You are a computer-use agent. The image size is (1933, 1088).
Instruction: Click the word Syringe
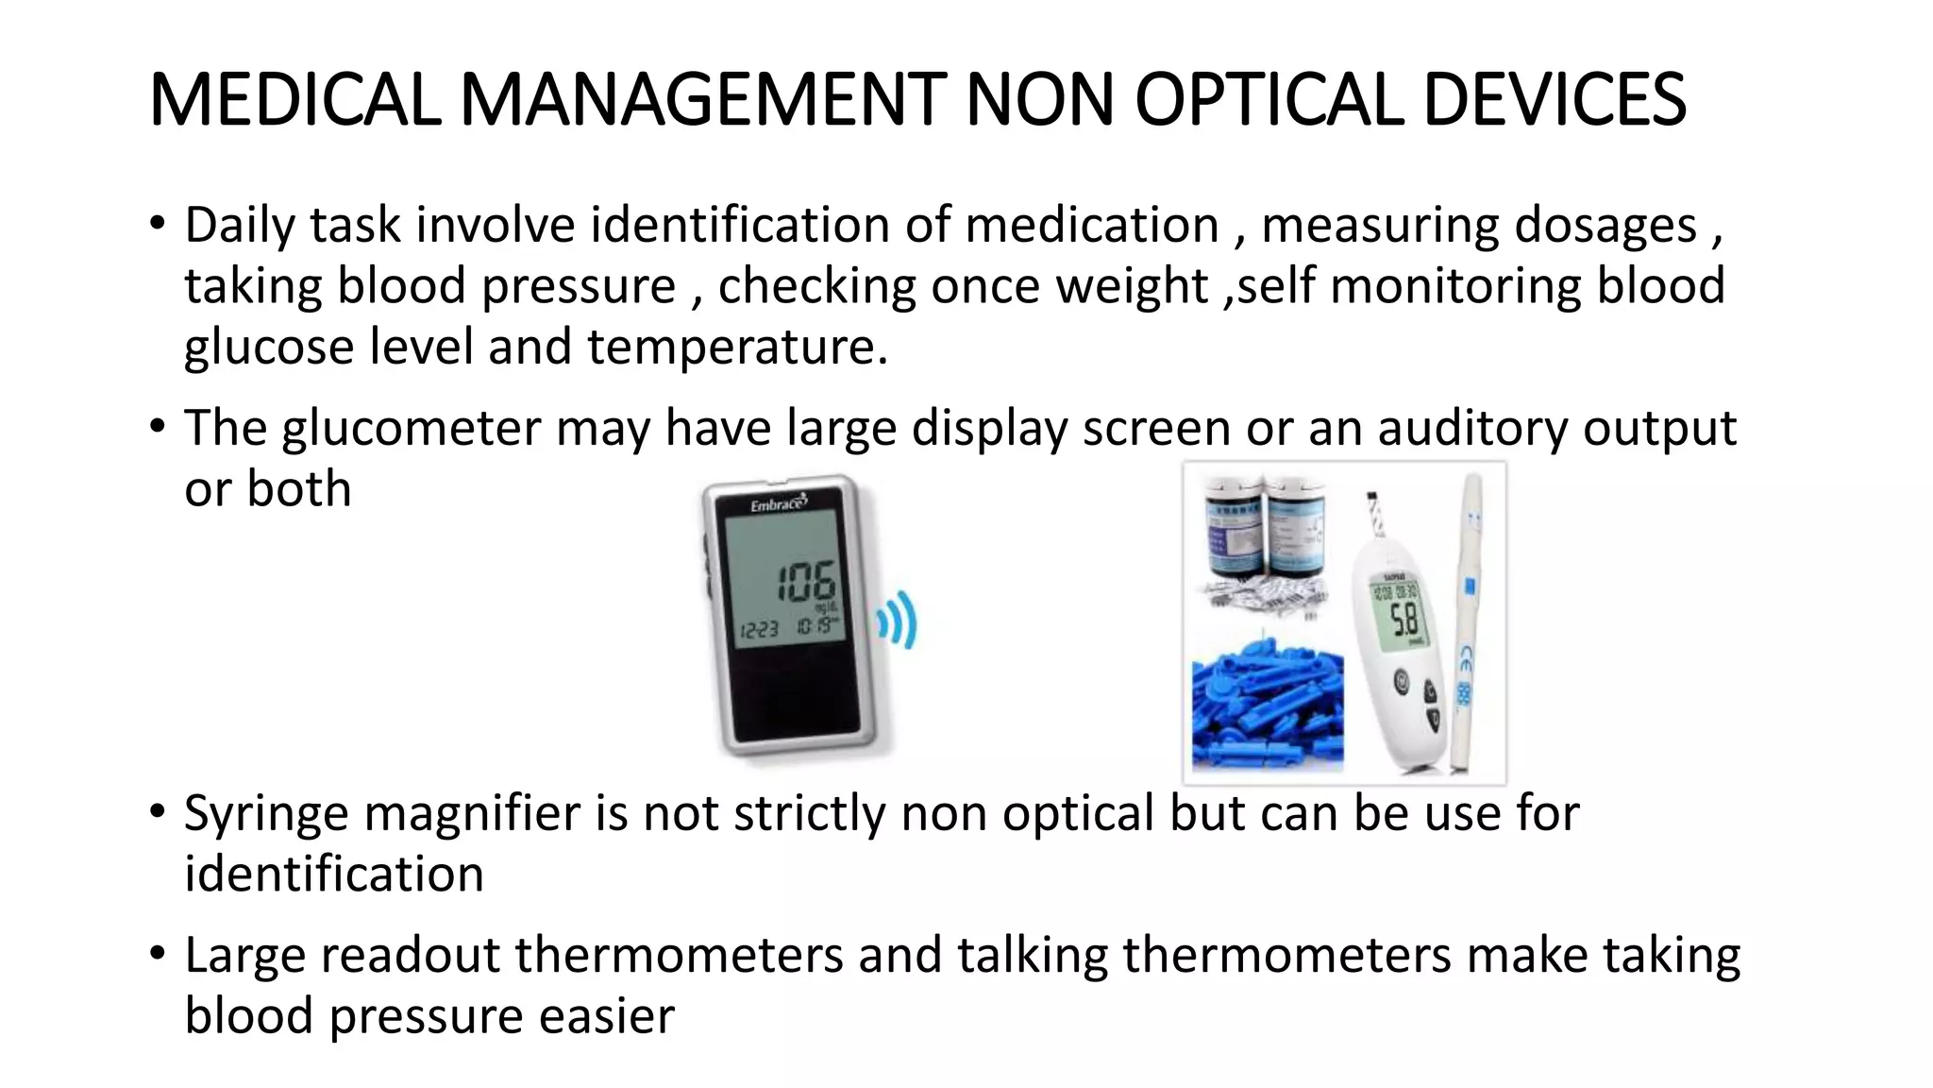[x=265, y=814]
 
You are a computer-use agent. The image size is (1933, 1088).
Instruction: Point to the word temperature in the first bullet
[x=737, y=347]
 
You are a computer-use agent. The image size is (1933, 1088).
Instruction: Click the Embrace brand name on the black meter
[x=778, y=504]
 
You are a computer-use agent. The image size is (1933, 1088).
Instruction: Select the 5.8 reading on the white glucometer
[x=1404, y=620]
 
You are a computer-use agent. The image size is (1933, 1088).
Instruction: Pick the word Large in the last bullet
[x=244, y=956]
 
